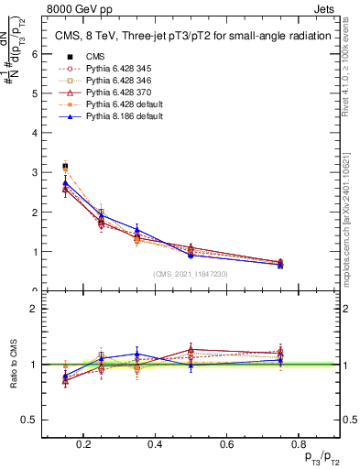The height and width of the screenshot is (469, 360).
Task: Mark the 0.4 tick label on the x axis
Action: pos(154,444)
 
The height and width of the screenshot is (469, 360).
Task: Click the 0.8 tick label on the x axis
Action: pos(294,444)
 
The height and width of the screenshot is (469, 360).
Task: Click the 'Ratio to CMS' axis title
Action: pos(14,365)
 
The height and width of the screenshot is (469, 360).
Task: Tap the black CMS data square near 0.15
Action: pos(65,167)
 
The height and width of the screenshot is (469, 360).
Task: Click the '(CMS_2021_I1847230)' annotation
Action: pos(191,274)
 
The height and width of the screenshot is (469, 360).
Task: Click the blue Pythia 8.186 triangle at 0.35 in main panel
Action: pos(136,230)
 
